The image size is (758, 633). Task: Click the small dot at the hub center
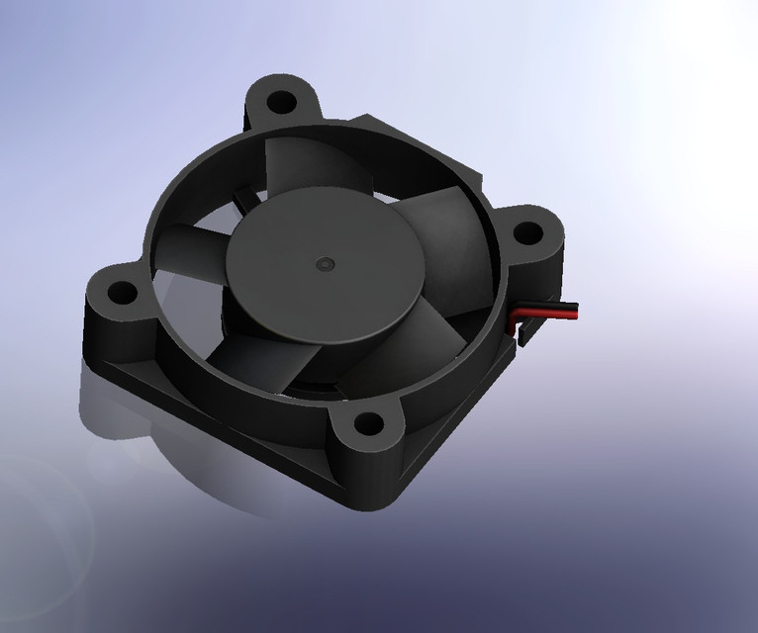326,265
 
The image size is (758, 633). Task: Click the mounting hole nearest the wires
529,234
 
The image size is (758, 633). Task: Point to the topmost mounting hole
282,101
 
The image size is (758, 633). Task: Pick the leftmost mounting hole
121,293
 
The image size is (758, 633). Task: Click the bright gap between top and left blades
213,213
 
